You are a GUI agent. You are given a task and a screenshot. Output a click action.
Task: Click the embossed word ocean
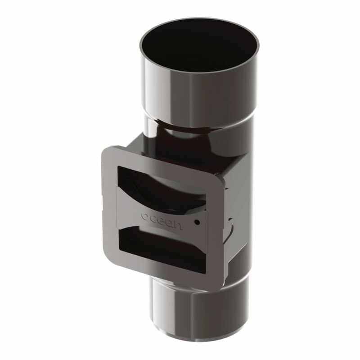[162, 220]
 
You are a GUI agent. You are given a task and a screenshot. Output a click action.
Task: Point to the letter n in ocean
[178, 225]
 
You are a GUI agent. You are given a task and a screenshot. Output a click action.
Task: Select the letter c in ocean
[153, 218]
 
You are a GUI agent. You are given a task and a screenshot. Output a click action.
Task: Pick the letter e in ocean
[161, 220]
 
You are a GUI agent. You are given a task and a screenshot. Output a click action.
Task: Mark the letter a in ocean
[169, 222]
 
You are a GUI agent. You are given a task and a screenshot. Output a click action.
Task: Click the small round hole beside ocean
[197, 222]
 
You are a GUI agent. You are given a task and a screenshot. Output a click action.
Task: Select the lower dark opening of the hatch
[161, 250]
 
